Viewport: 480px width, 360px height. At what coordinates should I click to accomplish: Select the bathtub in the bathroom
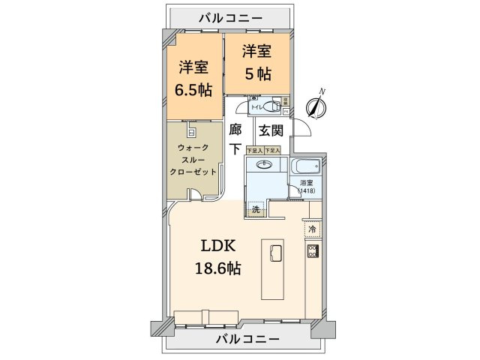(x=307, y=166)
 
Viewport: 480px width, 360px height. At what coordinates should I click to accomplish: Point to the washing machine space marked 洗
(x=256, y=211)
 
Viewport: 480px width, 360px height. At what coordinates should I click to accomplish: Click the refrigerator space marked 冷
(x=312, y=229)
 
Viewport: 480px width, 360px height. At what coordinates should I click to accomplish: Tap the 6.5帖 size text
(x=194, y=89)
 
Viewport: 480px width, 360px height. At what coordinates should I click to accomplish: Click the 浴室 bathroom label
(x=306, y=182)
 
